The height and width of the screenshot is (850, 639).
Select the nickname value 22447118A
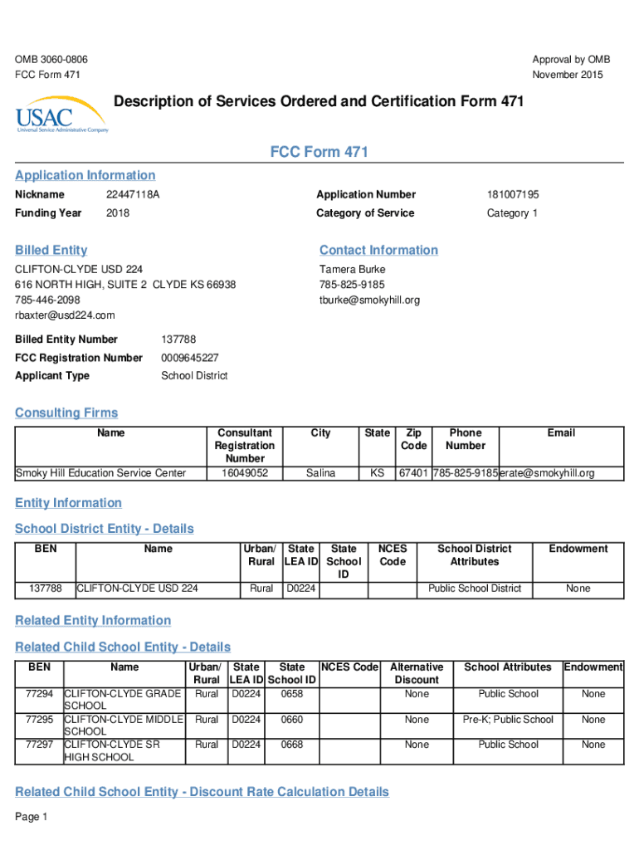tap(133, 195)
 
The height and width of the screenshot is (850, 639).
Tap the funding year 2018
tap(118, 213)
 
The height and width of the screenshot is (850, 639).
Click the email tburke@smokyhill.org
tap(369, 300)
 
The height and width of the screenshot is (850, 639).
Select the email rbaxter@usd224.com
tap(65, 315)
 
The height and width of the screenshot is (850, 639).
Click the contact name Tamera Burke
tap(352, 270)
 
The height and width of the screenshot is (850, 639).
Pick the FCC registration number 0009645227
tap(190, 358)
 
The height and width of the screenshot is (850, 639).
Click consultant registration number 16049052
tap(245, 473)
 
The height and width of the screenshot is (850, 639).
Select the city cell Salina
tap(320, 473)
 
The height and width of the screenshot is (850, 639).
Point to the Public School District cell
tap(475, 589)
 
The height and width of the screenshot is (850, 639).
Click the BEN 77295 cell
tap(39, 720)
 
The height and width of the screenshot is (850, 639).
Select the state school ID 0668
tap(291, 745)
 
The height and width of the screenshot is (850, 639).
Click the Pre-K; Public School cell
tap(508, 720)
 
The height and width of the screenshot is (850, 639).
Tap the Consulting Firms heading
tap(66, 413)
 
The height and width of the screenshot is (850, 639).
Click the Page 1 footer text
tap(32, 817)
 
